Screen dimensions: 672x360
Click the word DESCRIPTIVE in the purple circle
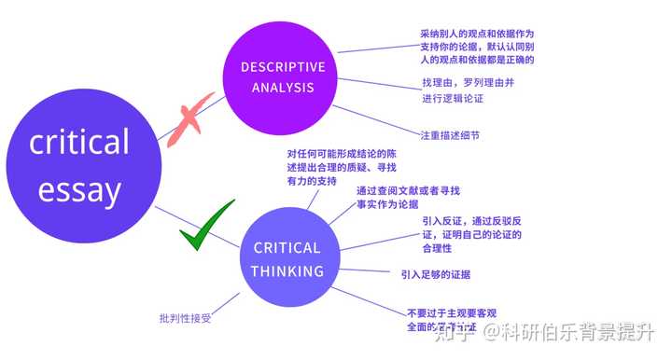pyautogui.click(x=283, y=67)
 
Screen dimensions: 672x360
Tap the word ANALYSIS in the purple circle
pyautogui.click(x=283, y=89)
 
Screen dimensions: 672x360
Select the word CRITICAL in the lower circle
pyautogui.click(x=287, y=248)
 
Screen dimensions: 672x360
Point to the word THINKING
pyautogui.click(x=287, y=271)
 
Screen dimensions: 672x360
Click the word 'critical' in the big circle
pyautogui.click(x=79, y=142)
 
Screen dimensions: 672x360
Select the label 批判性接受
pyautogui.click(x=186, y=319)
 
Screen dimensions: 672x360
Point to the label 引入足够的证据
pyautogui.click(x=436, y=274)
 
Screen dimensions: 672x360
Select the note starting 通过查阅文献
pyautogui.click(x=408, y=197)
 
